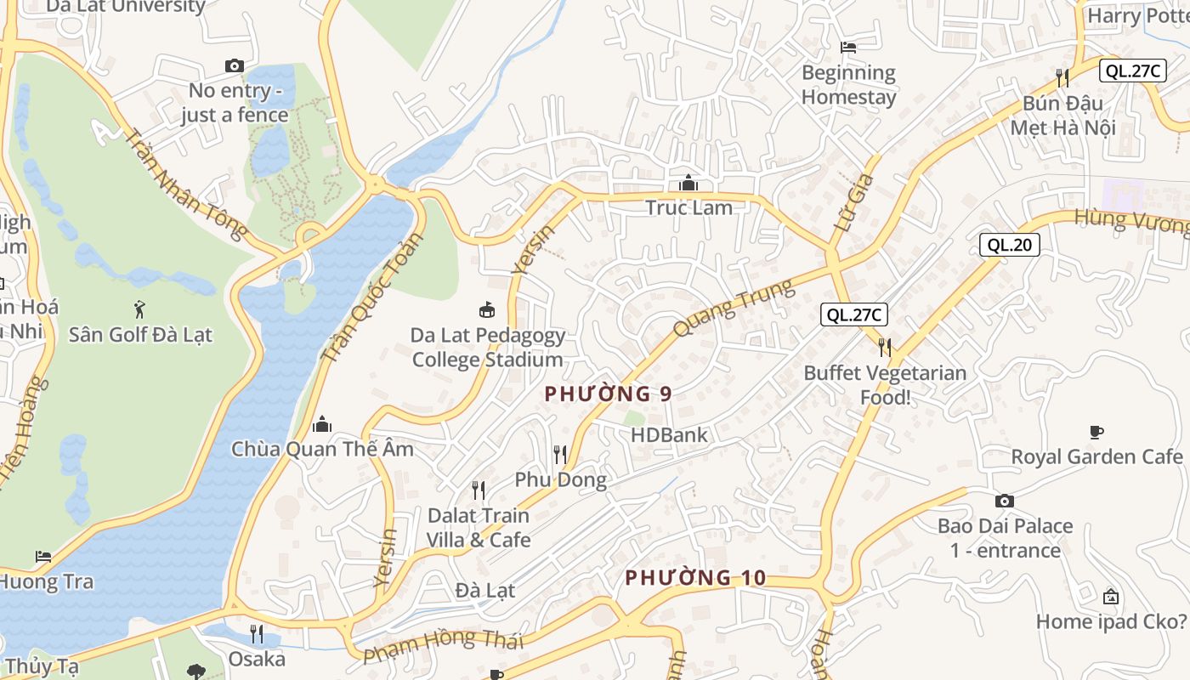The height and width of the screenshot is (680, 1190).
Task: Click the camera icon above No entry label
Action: click(234, 65)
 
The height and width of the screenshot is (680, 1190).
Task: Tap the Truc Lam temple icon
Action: click(688, 183)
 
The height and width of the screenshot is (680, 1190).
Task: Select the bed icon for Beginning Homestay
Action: click(847, 47)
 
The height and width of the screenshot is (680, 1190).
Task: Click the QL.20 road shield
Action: click(1009, 246)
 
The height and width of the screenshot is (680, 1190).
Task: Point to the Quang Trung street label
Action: click(734, 307)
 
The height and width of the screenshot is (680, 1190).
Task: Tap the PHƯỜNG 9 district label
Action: click(608, 394)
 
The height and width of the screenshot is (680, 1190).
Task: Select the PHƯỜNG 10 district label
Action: click(695, 578)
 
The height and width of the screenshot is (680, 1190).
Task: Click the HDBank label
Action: click(668, 435)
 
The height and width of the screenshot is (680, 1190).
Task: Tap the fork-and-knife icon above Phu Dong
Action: click(559, 455)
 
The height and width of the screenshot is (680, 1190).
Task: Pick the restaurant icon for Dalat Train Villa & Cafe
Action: click(479, 490)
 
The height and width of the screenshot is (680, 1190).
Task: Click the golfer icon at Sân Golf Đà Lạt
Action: click(140, 309)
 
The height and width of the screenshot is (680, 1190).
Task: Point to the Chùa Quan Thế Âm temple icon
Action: click(322, 423)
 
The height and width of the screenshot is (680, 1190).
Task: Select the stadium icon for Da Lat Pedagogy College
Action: click(487, 310)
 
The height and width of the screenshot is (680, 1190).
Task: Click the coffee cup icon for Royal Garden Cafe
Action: click(1096, 432)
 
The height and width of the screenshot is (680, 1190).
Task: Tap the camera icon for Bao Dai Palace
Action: click(1004, 501)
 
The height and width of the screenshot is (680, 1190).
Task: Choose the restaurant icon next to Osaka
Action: click(257, 634)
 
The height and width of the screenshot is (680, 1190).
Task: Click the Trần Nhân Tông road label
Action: click(186, 183)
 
